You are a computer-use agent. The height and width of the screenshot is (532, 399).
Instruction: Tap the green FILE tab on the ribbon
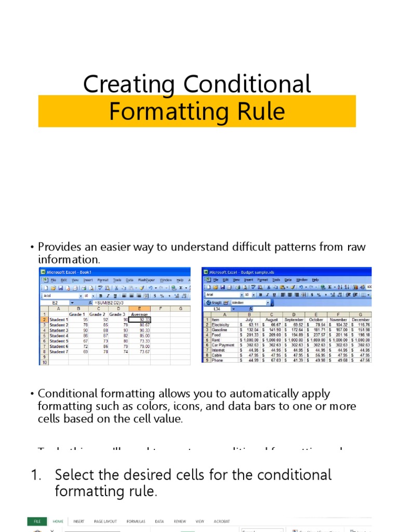tap(37, 521)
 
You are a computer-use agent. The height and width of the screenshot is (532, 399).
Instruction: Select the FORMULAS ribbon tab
tap(136, 521)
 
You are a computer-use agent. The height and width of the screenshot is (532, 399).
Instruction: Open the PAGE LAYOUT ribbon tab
tap(105, 521)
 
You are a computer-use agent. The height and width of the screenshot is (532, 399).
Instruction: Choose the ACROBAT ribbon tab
tap(221, 521)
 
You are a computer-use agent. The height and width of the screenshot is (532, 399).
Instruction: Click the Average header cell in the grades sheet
tap(139, 314)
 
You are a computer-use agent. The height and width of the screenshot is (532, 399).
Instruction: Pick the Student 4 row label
tap(59, 336)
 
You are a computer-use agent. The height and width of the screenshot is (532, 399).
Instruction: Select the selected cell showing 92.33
tap(139, 320)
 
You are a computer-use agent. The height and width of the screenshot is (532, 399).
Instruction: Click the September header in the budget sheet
tap(294, 320)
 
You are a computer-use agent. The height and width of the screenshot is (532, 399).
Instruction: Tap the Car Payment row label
tap(223, 344)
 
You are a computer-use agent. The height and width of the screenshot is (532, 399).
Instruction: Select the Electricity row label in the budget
tap(222, 325)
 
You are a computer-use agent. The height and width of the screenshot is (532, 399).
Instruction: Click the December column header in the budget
tap(361, 320)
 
